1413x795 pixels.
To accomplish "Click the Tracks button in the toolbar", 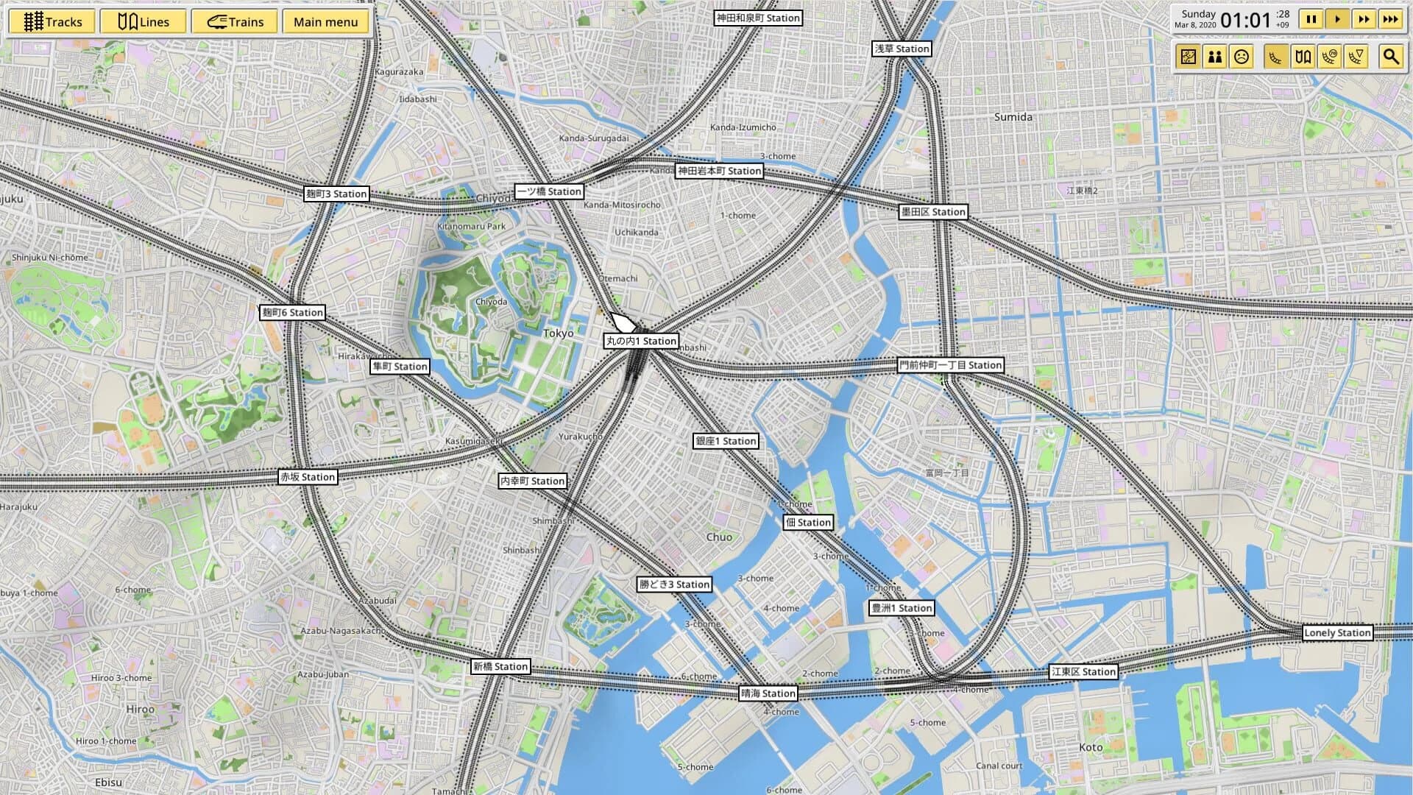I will (x=52, y=22).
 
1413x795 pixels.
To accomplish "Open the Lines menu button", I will (x=144, y=22).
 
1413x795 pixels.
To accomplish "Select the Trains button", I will (x=235, y=22).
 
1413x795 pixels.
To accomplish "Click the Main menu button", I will (x=325, y=22).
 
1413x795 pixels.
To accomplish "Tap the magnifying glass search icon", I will (x=1390, y=57).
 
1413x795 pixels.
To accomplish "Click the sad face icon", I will (x=1242, y=57).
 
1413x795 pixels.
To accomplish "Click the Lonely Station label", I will (x=1336, y=632).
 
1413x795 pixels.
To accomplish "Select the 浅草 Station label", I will (x=902, y=49).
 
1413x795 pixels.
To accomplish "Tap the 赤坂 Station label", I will (x=308, y=477).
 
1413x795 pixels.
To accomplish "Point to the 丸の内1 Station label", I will (x=641, y=341).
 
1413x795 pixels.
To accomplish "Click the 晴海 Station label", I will (x=768, y=693).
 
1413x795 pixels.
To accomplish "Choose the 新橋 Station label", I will (x=500, y=666).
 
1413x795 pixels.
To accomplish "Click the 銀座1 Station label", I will (x=726, y=441).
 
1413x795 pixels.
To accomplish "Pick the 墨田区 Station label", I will (x=933, y=212).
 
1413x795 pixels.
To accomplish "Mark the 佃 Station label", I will (x=808, y=522).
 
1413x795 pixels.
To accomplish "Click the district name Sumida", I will (x=1013, y=117).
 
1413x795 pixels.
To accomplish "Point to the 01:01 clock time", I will (x=1245, y=21).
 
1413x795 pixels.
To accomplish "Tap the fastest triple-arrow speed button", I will (x=1389, y=20).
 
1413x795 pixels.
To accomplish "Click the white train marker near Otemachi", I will (x=623, y=322).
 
